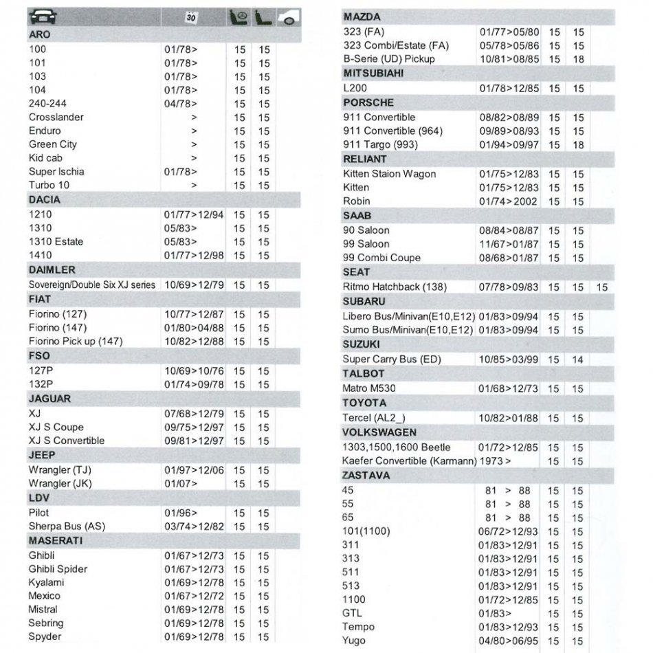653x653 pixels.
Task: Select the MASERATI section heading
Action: click(x=56, y=540)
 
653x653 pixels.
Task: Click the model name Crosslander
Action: click(x=56, y=117)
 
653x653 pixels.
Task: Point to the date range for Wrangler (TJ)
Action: click(x=194, y=469)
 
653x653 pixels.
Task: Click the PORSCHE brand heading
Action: click(x=368, y=102)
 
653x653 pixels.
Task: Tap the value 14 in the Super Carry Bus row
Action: click(x=577, y=359)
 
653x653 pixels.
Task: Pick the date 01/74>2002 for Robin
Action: click(x=508, y=201)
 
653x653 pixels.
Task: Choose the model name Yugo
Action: click(x=354, y=640)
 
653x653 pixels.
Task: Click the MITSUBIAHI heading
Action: click(x=373, y=73)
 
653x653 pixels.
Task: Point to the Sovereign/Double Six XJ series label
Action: click(x=92, y=285)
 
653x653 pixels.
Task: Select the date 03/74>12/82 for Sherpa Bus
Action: click(x=194, y=526)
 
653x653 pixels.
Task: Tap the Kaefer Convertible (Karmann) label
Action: click(x=409, y=461)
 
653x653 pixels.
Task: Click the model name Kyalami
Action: click(x=46, y=582)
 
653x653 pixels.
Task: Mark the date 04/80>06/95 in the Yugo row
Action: click(x=509, y=641)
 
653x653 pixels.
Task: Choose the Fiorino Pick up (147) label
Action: click(x=76, y=341)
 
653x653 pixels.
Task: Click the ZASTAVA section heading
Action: click(x=366, y=475)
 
